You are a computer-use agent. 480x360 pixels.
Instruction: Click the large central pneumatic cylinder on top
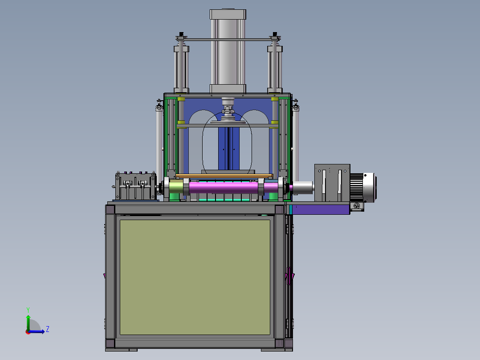click(x=228, y=51)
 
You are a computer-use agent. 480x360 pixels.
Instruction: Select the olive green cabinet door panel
click(x=195, y=277)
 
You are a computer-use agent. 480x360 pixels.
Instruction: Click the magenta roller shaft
click(x=224, y=187)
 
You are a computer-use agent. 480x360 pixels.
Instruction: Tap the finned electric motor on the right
click(x=363, y=187)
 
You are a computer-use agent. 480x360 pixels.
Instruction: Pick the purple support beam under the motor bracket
click(x=321, y=209)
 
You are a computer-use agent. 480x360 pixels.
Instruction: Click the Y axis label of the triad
click(x=28, y=310)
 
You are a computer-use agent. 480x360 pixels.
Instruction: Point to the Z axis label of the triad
click(x=48, y=329)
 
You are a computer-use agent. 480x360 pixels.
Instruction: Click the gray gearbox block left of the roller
click(x=136, y=186)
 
